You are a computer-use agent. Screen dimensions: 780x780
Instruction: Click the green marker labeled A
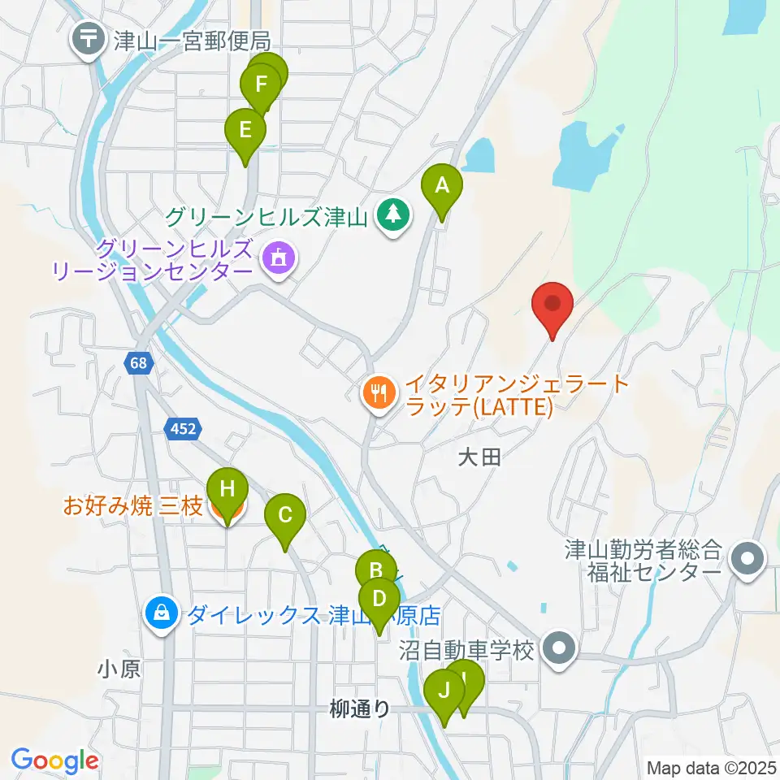pos(441,186)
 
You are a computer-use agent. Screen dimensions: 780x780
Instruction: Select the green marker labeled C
pos(285,515)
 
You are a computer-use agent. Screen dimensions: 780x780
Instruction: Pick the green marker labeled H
pos(227,490)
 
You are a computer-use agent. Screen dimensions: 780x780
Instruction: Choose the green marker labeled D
pos(379,600)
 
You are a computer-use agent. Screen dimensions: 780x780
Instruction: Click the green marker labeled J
pos(444,691)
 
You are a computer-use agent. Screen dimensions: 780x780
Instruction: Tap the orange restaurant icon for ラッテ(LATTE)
pos(378,393)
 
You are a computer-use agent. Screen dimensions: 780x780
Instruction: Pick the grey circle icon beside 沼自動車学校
pos(560,649)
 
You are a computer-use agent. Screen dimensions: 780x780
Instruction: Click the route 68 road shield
pos(139,363)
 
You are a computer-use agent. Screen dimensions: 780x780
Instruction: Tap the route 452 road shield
pos(184,428)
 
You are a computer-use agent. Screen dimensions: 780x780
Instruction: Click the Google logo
pos(54,761)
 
